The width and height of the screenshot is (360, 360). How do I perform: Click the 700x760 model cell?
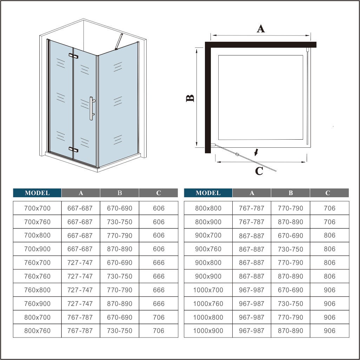point(37,222)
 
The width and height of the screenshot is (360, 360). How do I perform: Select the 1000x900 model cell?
point(208,331)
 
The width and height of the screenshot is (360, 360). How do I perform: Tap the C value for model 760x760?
point(159,276)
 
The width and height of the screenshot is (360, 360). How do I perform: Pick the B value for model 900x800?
point(290,262)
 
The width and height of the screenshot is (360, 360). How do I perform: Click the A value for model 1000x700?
point(252,290)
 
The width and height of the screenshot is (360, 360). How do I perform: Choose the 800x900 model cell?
point(208,222)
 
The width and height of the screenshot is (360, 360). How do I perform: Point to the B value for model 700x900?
point(120,249)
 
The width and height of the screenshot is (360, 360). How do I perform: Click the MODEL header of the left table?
point(37,193)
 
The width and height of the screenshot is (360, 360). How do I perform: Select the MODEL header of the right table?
point(208,193)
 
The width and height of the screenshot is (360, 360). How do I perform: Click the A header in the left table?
point(81,193)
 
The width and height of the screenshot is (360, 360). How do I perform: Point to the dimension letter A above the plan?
point(260,29)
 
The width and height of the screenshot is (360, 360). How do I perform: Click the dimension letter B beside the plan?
point(190,98)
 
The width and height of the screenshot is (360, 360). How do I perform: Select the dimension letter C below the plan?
point(259,171)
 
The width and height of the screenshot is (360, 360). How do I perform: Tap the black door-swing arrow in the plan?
point(257,152)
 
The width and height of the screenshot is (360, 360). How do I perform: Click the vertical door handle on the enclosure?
point(91,108)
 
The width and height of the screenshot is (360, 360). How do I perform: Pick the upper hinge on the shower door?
point(74,56)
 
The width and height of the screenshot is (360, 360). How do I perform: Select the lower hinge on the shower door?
point(74,149)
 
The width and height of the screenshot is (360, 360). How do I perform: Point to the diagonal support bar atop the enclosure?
point(119,42)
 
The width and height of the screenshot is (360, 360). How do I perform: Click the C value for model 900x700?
point(329,235)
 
